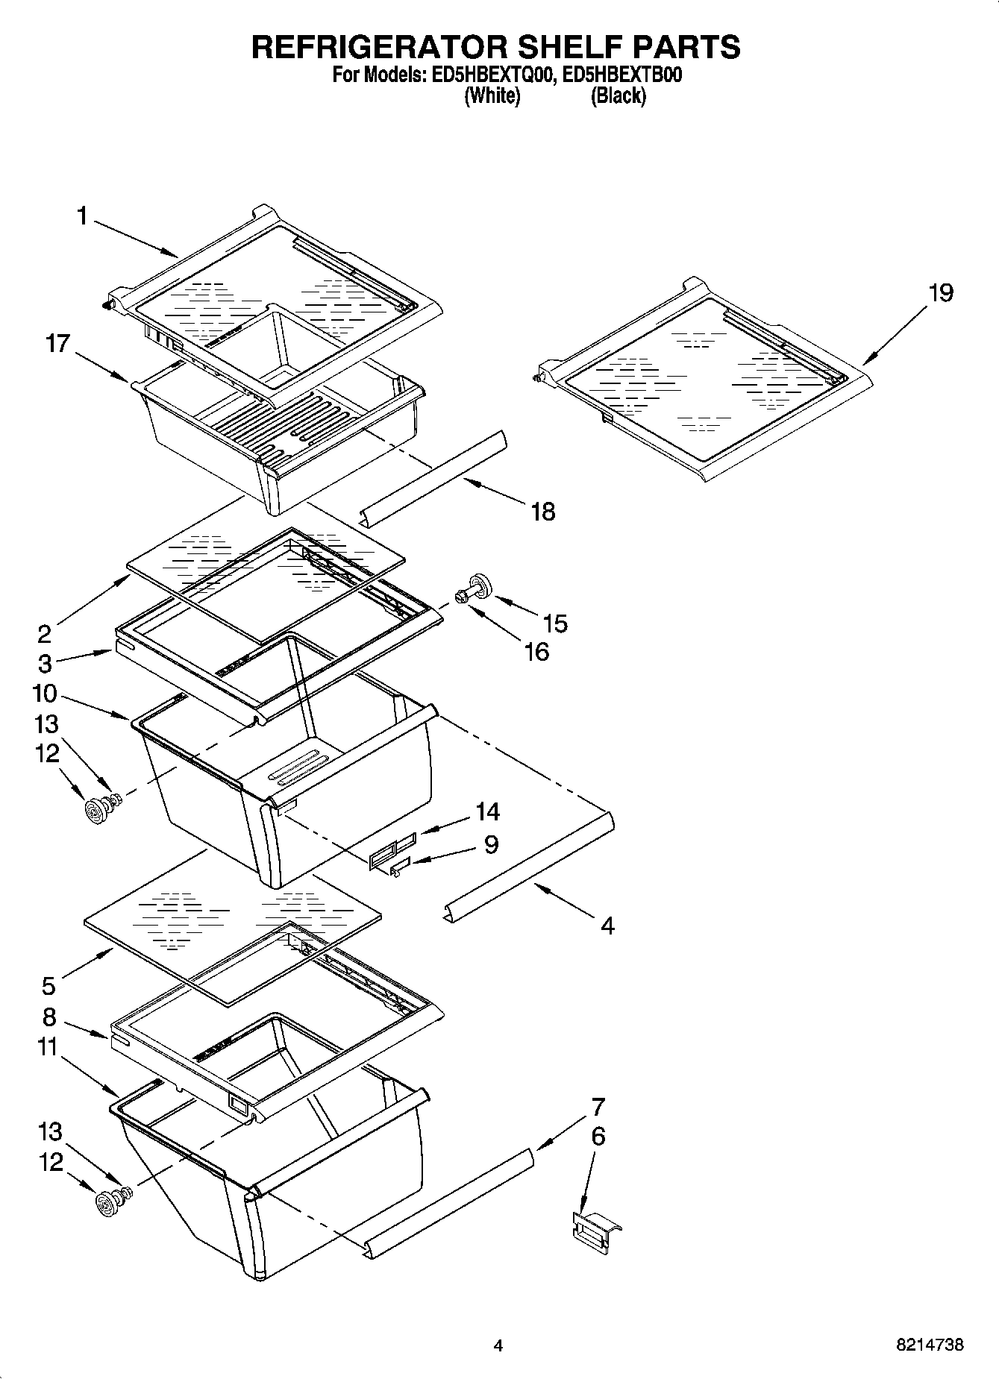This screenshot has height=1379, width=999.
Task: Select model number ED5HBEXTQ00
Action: tap(489, 75)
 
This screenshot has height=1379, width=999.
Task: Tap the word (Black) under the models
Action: tap(618, 96)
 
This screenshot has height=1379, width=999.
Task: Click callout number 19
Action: tap(940, 293)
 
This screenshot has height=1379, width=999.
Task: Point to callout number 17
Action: tap(57, 344)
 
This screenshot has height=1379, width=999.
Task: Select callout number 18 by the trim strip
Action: tap(542, 512)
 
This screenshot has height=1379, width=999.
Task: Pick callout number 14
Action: tap(487, 811)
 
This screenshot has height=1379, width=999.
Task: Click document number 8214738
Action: tap(929, 1345)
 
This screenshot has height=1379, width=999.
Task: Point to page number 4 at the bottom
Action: tap(498, 1345)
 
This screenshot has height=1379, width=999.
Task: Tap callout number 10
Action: tap(45, 694)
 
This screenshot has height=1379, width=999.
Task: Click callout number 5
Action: tap(48, 986)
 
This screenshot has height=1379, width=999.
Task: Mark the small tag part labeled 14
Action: tap(391, 852)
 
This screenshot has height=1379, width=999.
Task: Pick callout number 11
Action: tap(48, 1047)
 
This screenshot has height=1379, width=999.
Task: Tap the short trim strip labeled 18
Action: tap(433, 477)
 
